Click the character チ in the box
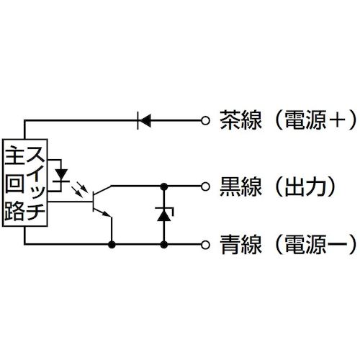tap(37, 211)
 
